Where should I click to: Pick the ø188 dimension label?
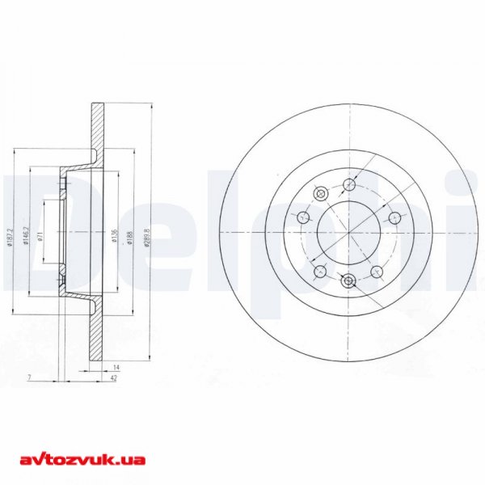pyautogui.click(x=131, y=236)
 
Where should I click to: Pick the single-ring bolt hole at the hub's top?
pyautogui.click(x=348, y=185)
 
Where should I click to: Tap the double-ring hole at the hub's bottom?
pyautogui.click(x=348, y=280)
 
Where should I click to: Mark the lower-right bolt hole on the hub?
pyautogui.click(x=377, y=271)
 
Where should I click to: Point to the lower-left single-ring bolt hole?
pyautogui.click(x=320, y=271)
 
